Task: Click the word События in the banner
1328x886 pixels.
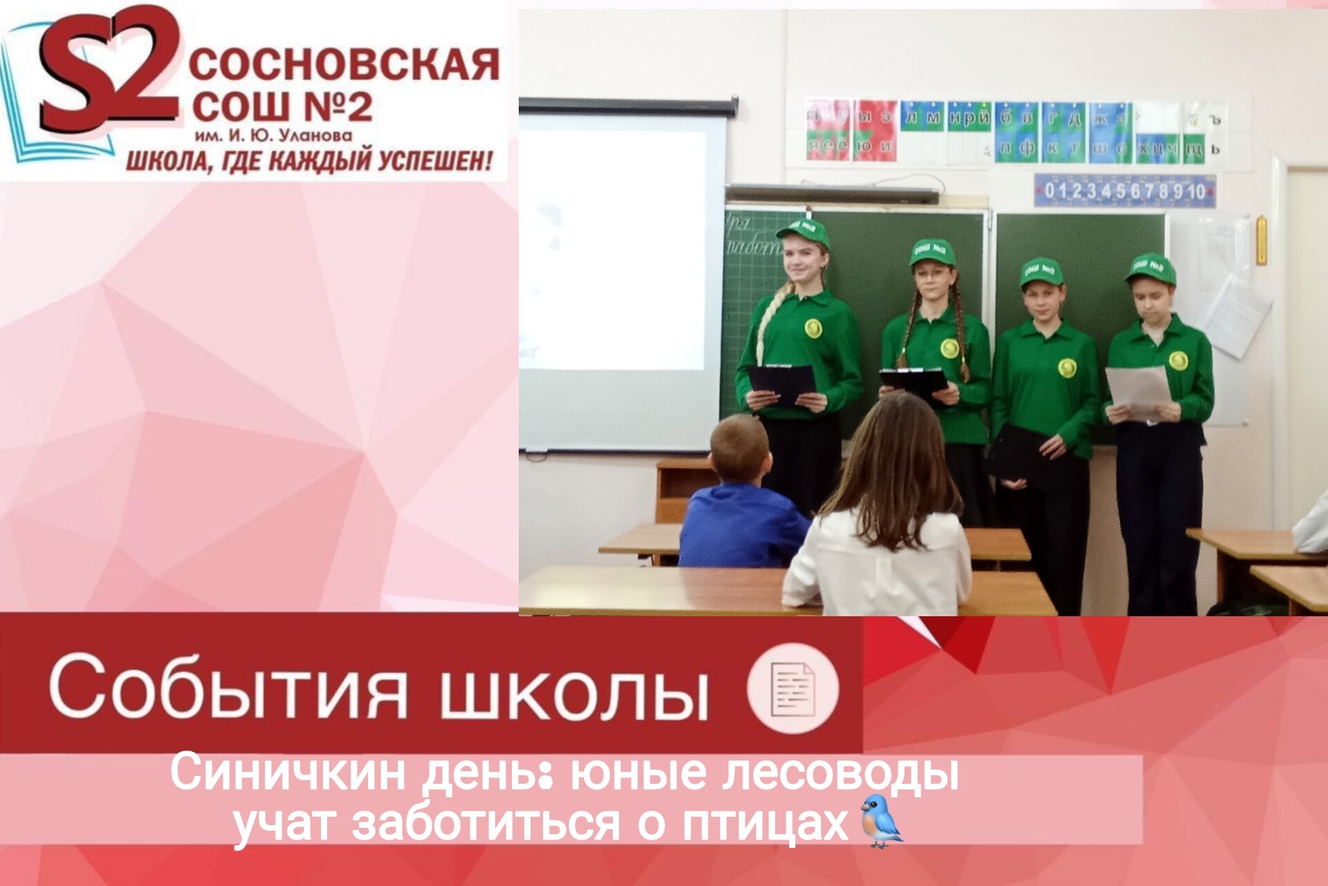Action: (228, 688)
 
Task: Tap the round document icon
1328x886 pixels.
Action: (793, 688)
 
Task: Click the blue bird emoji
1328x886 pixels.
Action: (881, 821)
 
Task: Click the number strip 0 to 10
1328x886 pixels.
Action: (1125, 191)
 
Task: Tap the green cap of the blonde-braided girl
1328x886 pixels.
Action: (804, 232)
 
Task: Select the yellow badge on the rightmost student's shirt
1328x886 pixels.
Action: (1177, 360)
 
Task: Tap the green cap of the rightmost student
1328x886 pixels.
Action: (1151, 268)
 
